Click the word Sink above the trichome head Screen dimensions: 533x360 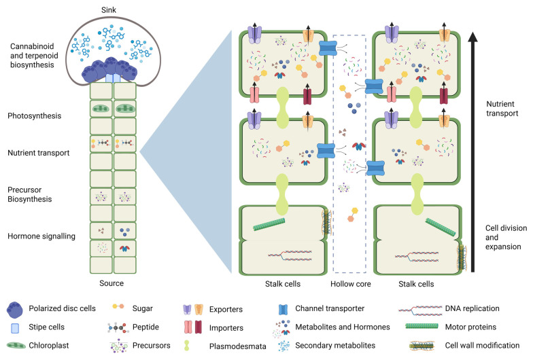[x=109, y=10]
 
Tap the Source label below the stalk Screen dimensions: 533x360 [x=111, y=283]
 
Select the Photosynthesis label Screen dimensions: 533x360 [x=34, y=115]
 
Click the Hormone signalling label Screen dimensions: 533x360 [x=41, y=236]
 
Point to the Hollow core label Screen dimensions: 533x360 [x=351, y=284]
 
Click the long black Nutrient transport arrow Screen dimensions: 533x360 [x=472, y=152]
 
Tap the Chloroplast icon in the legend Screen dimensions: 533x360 [x=16, y=345]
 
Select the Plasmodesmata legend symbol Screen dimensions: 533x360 [x=186, y=345]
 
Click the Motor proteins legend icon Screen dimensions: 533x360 [x=422, y=326]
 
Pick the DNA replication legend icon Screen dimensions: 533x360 [x=420, y=308]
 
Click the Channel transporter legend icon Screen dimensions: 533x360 [x=283, y=310]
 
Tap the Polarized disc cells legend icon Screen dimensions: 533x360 [x=15, y=309]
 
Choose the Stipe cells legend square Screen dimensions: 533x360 [x=15, y=328]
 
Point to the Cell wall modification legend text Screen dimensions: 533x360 [x=482, y=345]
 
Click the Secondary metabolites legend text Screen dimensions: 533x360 [x=335, y=345]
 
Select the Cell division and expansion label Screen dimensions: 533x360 [x=506, y=238]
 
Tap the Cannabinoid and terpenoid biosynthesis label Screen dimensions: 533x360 [x=34, y=56]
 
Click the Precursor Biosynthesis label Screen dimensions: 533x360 [x=30, y=194]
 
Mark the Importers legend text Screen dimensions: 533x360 [x=226, y=327]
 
